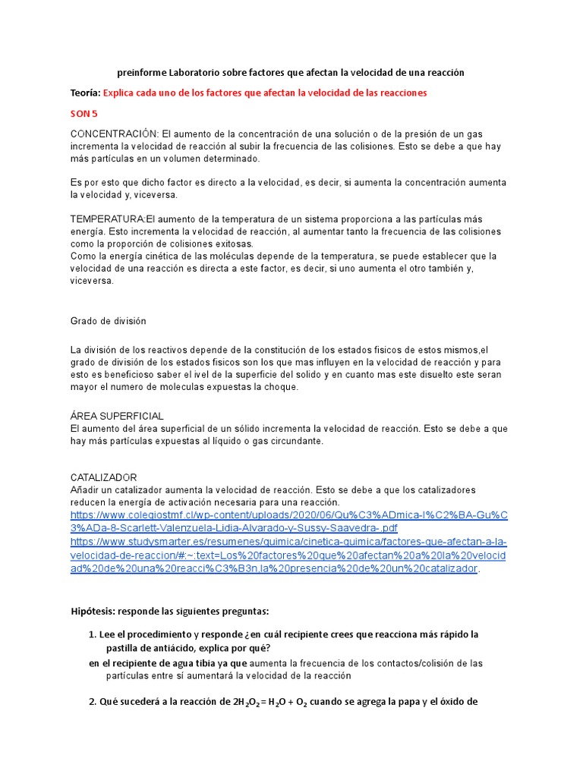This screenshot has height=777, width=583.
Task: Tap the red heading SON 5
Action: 84,114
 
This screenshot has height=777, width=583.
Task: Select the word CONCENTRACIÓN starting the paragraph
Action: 115,134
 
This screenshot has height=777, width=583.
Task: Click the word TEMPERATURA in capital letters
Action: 107,219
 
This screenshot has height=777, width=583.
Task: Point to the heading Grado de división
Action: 108,321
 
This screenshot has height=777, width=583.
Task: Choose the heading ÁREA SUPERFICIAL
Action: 117,417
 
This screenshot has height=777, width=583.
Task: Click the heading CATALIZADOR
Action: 103,478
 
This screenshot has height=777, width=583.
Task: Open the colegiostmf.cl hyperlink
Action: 288,521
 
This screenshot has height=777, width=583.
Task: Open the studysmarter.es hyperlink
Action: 288,555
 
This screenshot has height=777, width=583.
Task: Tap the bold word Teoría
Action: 84,93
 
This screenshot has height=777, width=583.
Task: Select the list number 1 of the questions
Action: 92,634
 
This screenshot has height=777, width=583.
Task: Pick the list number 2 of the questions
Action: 92,702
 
